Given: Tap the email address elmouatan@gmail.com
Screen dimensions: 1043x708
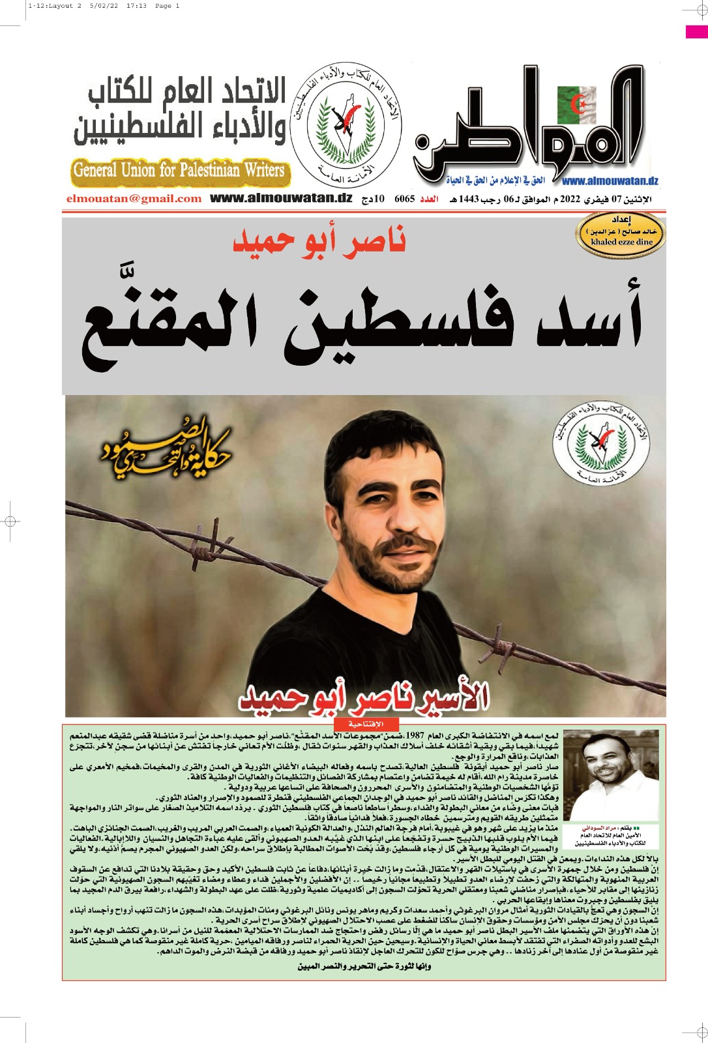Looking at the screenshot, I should pyautogui.click(x=134, y=199).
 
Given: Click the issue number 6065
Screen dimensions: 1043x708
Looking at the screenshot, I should pyautogui.click(x=404, y=199).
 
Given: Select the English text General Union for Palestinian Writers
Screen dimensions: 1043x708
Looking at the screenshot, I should pyautogui.click(x=179, y=171).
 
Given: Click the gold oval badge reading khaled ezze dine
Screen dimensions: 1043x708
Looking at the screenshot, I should pyautogui.click(x=621, y=236).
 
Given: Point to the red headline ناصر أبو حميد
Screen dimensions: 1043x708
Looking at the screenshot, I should pyautogui.click(x=319, y=241).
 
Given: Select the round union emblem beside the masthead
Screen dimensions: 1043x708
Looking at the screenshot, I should pyautogui.click(x=345, y=124).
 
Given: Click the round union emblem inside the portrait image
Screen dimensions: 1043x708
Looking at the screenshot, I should pyautogui.click(x=600, y=443).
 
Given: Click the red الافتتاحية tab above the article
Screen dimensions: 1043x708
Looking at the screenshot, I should pyautogui.click(x=366, y=724).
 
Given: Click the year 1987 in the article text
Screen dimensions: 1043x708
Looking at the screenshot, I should pyautogui.click(x=415, y=736).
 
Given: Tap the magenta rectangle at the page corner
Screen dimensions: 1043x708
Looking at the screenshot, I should pyautogui.click(x=696, y=31).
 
